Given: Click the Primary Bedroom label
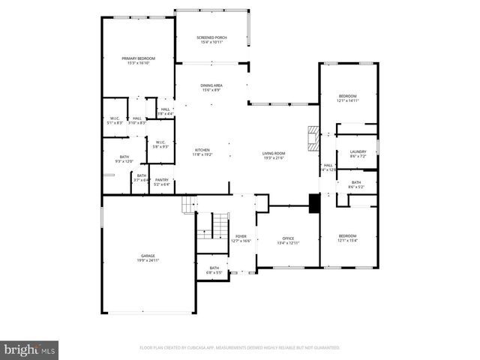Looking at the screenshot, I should click(139, 61).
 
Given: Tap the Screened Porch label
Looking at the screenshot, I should click(211, 40).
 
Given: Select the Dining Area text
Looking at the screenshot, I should click(211, 88).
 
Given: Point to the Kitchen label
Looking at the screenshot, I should click(202, 151).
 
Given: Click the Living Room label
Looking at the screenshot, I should click(273, 155).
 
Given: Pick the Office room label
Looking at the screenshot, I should click(288, 240).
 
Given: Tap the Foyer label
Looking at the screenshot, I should click(241, 238).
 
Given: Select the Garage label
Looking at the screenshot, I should click(147, 258).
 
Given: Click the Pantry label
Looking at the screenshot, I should click(162, 181).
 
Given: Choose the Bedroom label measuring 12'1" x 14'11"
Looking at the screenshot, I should click(347, 98).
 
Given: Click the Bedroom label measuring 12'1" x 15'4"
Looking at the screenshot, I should click(347, 238).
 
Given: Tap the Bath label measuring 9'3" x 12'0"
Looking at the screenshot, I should click(124, 159).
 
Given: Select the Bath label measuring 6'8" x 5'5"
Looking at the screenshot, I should click(214, 270).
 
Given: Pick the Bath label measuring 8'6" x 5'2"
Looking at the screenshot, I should click(355, 184).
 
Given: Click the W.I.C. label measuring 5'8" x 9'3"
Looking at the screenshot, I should click(160, 144).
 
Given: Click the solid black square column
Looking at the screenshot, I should click(314, 203).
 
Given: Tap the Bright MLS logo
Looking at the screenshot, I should click(29, 349).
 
